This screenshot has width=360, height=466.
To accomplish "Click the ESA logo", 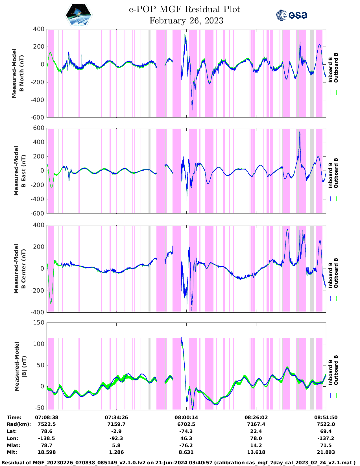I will pyautogui.click(x=292, y=15).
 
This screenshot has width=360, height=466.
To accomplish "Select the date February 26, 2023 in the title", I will pyautogui.click(x=186, y=21).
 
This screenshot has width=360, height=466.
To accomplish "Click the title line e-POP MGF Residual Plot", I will pyautogui.click(x=184, y=9).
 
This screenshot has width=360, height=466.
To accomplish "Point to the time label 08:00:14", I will pyautogui.click(x=186, y=417).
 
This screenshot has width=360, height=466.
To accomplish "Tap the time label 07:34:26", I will pyautogui.click(x=116, y=417).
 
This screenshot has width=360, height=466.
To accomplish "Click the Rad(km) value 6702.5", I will pyautogui.click(x=186, y=424).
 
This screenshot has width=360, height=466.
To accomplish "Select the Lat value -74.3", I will pyautogui.click(x=186, y=431).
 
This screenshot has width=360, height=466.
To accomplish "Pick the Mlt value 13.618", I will pyautogui.click(x=256, y=452).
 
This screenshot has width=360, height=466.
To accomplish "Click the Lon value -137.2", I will pyautogui.click(x=326, y=438).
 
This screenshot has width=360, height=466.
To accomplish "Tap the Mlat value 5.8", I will pyautogui.click(x=116, y=445).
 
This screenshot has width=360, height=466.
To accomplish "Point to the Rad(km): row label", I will pyautogui.click(x=19, y=424).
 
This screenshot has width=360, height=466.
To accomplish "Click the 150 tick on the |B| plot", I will pyautogui.click(x=39, y=323).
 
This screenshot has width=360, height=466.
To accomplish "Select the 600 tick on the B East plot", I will pyautogui.click(x=39, y=128).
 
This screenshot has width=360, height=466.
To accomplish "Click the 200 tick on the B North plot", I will pyautogui.click(x=39, y=47).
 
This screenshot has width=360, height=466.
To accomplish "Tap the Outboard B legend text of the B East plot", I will pyautogui.click(x=336, y=173).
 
